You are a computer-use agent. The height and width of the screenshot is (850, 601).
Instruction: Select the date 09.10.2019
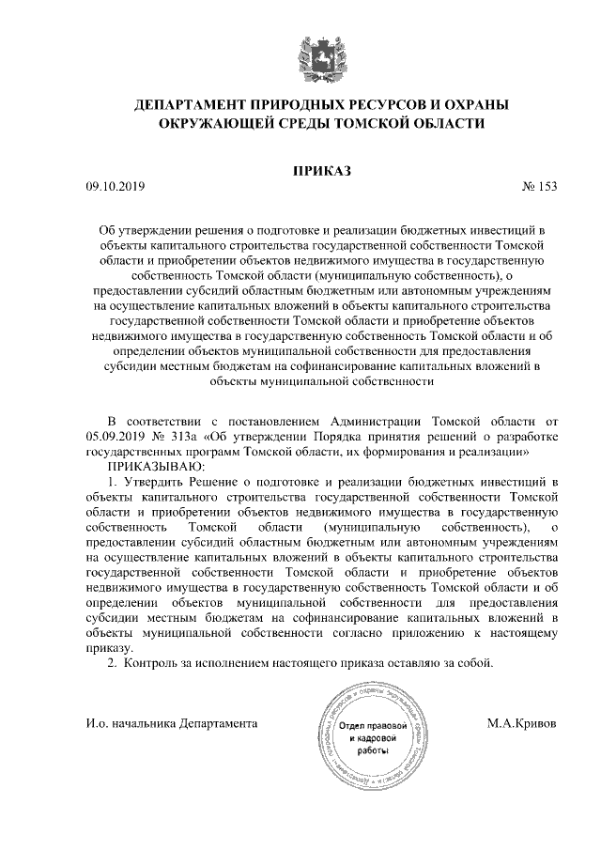[115, 186]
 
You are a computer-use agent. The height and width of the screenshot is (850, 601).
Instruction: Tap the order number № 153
[538, 186]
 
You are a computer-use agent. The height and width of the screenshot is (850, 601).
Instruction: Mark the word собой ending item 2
[472, 663]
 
